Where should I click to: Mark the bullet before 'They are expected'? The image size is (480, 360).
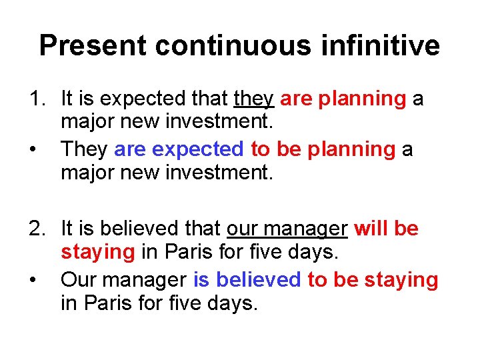pos(33,149)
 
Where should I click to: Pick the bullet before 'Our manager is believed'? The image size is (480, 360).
pos(33,279)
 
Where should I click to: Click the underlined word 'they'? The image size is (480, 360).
pos(254,99)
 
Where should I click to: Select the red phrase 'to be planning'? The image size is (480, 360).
pos(323,149)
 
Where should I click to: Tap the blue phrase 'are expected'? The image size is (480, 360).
pos(179,149)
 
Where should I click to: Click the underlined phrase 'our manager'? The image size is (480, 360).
pos(287,229)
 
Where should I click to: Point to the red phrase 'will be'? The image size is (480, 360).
pos(387,229)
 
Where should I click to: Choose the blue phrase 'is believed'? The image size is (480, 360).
pos(247,279)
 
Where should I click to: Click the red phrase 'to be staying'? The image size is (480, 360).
pos(373,279)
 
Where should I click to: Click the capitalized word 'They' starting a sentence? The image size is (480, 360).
pos(85,149)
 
